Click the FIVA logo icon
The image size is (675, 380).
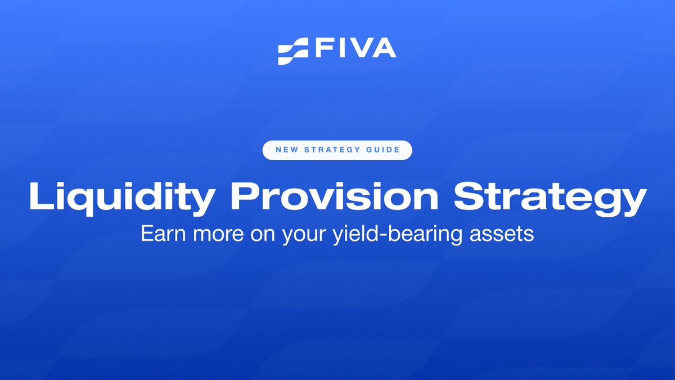click(x=292, y=51)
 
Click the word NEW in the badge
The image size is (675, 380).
click(x=285, y=150)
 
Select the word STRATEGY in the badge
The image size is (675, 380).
click(x=330, y=150)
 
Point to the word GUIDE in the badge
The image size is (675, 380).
click(x=383, y=150)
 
